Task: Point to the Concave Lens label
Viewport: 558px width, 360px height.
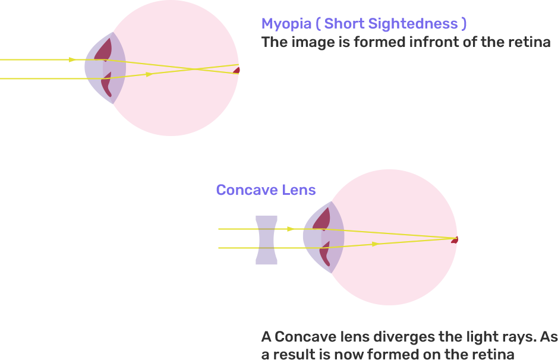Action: tap(266, 190)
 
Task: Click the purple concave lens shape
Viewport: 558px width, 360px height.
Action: tap(266, 240)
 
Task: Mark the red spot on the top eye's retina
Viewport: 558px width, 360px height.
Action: tap(237, 70)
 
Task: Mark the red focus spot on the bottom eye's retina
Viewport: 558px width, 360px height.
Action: tap(455, 239)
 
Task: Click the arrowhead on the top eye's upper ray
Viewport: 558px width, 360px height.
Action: tap(72, 59)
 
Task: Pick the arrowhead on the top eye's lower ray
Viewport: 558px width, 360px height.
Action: tap(149, 74)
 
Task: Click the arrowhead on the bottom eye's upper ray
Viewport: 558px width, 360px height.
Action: tap(291, 229)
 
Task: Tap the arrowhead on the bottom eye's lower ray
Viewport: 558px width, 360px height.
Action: tap(374, 244)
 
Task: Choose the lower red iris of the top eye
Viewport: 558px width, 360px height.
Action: tap(106, 86)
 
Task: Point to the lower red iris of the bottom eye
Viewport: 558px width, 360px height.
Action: tap(324, 254)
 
